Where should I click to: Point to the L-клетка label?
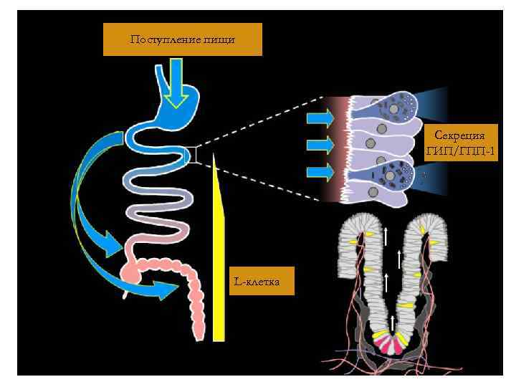256,282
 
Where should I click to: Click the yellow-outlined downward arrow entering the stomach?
173,82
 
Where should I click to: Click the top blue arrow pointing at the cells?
320,118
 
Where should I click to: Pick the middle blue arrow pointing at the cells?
320,145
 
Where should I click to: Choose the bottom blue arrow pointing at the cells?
320,172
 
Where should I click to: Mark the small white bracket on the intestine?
191,154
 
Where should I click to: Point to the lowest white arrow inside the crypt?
393,320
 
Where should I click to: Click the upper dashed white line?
258,120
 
